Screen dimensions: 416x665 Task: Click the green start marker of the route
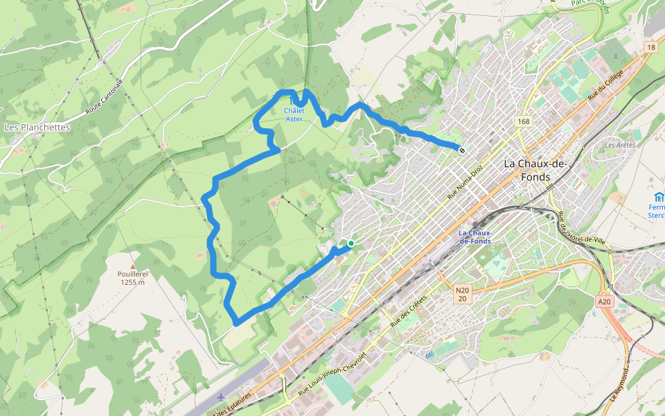click(x=351, y=243)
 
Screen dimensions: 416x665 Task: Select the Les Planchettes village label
click(x=37, y=128)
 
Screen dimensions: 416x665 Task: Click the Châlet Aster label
click(x=294, y=114)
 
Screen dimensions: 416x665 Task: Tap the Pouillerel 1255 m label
click(x=132, y=278)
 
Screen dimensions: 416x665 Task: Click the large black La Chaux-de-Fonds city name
click(x=537, y=170)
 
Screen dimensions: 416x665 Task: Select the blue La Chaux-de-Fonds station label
click(x=475, y=236)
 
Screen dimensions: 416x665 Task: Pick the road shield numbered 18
click(x=650, y=47)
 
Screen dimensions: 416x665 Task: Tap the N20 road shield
click(x=462, y=294)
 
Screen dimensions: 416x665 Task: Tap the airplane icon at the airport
click(x=221, y=397)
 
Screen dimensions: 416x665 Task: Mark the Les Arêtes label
click(x=619, y=145)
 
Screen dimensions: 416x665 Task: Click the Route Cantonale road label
click(x=104, y=96)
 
